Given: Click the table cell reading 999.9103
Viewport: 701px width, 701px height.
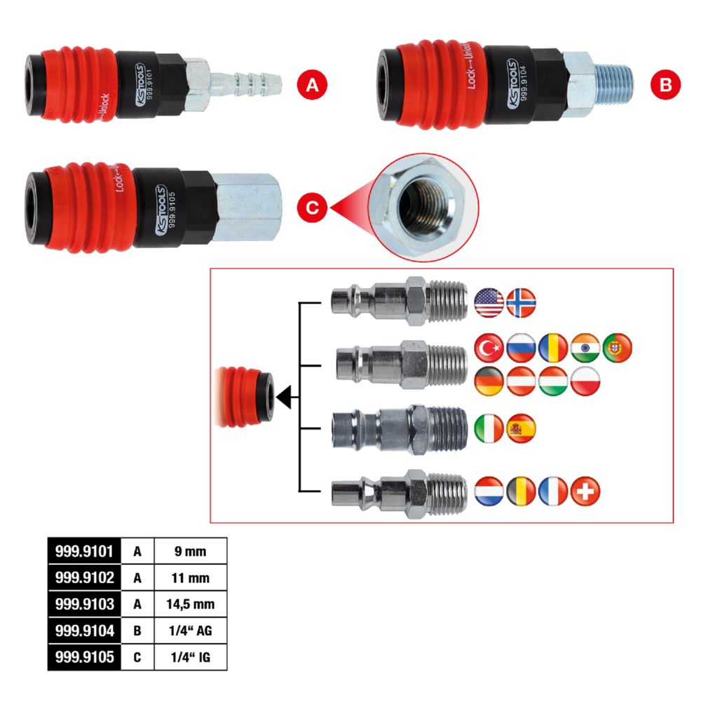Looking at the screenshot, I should click(x=84, y=604).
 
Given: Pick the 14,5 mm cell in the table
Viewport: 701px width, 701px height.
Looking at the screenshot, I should click(x=191, y=604).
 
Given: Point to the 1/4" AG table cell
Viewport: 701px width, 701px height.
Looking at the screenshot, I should click(x=191, y=631).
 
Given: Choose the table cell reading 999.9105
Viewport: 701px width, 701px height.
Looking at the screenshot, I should click(x=84, y=658).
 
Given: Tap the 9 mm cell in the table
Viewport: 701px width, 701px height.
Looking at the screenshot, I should click(x=191, y=551).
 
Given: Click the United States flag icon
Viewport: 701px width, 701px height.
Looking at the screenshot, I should click(x=489, y=301).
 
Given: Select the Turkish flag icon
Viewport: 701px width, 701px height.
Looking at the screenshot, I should click(x=489, y=348).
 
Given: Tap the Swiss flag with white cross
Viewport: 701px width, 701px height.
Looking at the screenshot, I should click(x=585, y=491).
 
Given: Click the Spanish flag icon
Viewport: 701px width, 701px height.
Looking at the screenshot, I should click(x=521, y=428).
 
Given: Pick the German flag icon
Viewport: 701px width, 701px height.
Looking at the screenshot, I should click(x=489, y=381).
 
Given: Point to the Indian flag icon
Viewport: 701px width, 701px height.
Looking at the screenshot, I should click(x=585, y=348).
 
